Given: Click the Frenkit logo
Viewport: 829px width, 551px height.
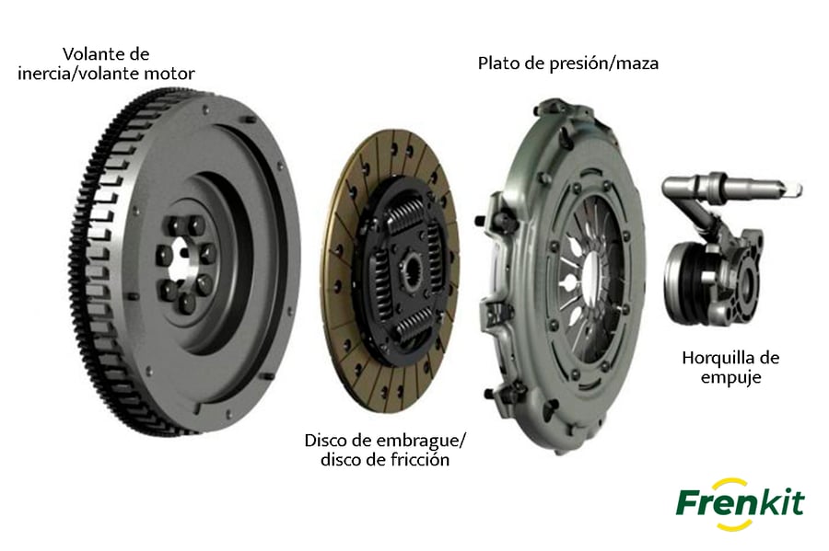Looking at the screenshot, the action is tap(740, 503).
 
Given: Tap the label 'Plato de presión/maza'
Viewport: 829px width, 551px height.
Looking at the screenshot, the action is tap(568, 63).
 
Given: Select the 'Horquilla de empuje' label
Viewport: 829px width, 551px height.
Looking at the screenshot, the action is tap(730, 367).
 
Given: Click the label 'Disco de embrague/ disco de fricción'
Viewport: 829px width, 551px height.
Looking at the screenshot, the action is tap(385, 450).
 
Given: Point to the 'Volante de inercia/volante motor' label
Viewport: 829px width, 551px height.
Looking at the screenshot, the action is tap(106, 63).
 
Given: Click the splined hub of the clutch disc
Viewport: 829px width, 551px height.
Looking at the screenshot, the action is tap(413, 270).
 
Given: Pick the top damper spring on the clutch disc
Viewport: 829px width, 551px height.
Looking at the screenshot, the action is tap(409, 213).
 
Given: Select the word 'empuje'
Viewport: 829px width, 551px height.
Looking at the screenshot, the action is tap(730, 377).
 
